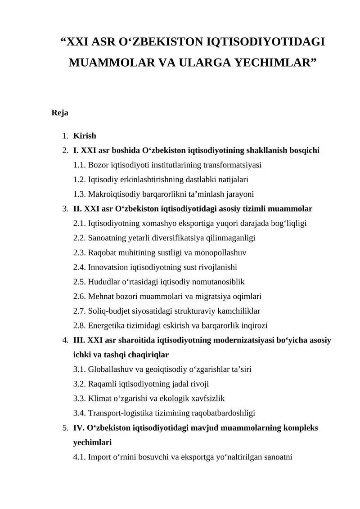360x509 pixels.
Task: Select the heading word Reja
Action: (60, 113)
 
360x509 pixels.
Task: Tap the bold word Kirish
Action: (85, 135)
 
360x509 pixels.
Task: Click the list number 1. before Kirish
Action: (65, 136)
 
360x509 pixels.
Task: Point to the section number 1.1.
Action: (80, 165)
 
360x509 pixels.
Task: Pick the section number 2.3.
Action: (80, 252)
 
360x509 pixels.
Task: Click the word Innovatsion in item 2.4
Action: (108, 267)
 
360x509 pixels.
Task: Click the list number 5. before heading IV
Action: (65, 428)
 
